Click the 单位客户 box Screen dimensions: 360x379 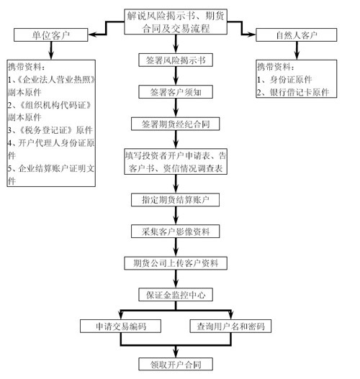[51, 35]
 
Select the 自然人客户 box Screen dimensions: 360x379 [297, 35]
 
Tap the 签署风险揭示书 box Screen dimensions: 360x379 [176, 60]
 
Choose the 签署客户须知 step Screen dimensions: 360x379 [176, 92]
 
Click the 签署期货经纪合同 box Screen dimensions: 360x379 [176, 124]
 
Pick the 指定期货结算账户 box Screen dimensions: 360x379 [176, 200]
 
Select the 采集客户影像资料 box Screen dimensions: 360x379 [176, 232]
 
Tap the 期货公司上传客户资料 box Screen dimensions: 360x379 [176, 263]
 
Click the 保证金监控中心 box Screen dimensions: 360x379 [176, 295]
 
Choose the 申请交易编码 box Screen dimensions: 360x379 [121, 327]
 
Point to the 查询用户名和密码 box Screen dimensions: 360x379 [230, 327]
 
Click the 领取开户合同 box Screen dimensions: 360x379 [176, 364]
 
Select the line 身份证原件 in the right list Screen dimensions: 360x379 [284, 80]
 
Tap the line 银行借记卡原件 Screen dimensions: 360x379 [293, 92]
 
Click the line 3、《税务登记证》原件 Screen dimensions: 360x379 [50, 130]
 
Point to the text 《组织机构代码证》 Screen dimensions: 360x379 [55, 105]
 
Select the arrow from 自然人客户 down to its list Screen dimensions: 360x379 [297, 50]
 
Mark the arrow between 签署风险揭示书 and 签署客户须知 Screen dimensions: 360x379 [176, 76]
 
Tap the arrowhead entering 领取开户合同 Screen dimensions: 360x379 [176, 353]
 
